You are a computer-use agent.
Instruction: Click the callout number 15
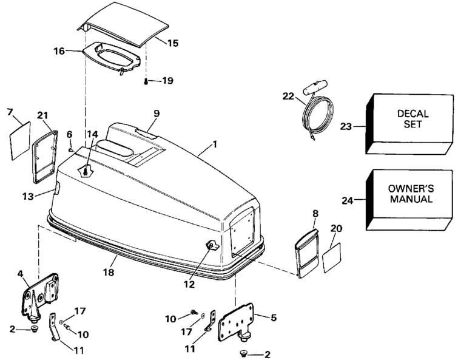click(173, 44)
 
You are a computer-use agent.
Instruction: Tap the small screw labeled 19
click(146, 80)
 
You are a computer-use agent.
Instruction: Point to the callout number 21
click(42, 115)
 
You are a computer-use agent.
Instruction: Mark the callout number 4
click(22, 274)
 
